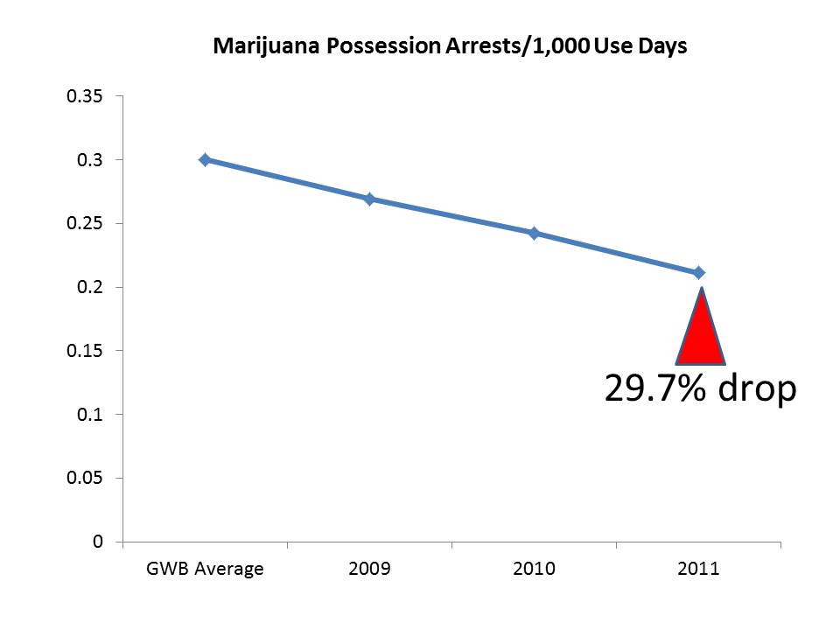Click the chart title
coord(450,47)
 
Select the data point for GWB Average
coord(205,160)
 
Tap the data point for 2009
coord(369,199)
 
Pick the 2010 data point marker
coord(534,234)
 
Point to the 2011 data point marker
coord(698,273)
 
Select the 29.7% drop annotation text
coord(700,388)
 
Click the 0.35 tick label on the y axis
coord(85,96)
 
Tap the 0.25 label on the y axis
coord(85,224)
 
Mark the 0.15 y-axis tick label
coord(85,351)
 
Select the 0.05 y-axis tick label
coord(85,479)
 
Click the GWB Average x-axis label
coord(205,570)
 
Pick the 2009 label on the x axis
coord(369,570)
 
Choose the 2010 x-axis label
coord(534,570)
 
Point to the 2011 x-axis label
coord(698,570)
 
